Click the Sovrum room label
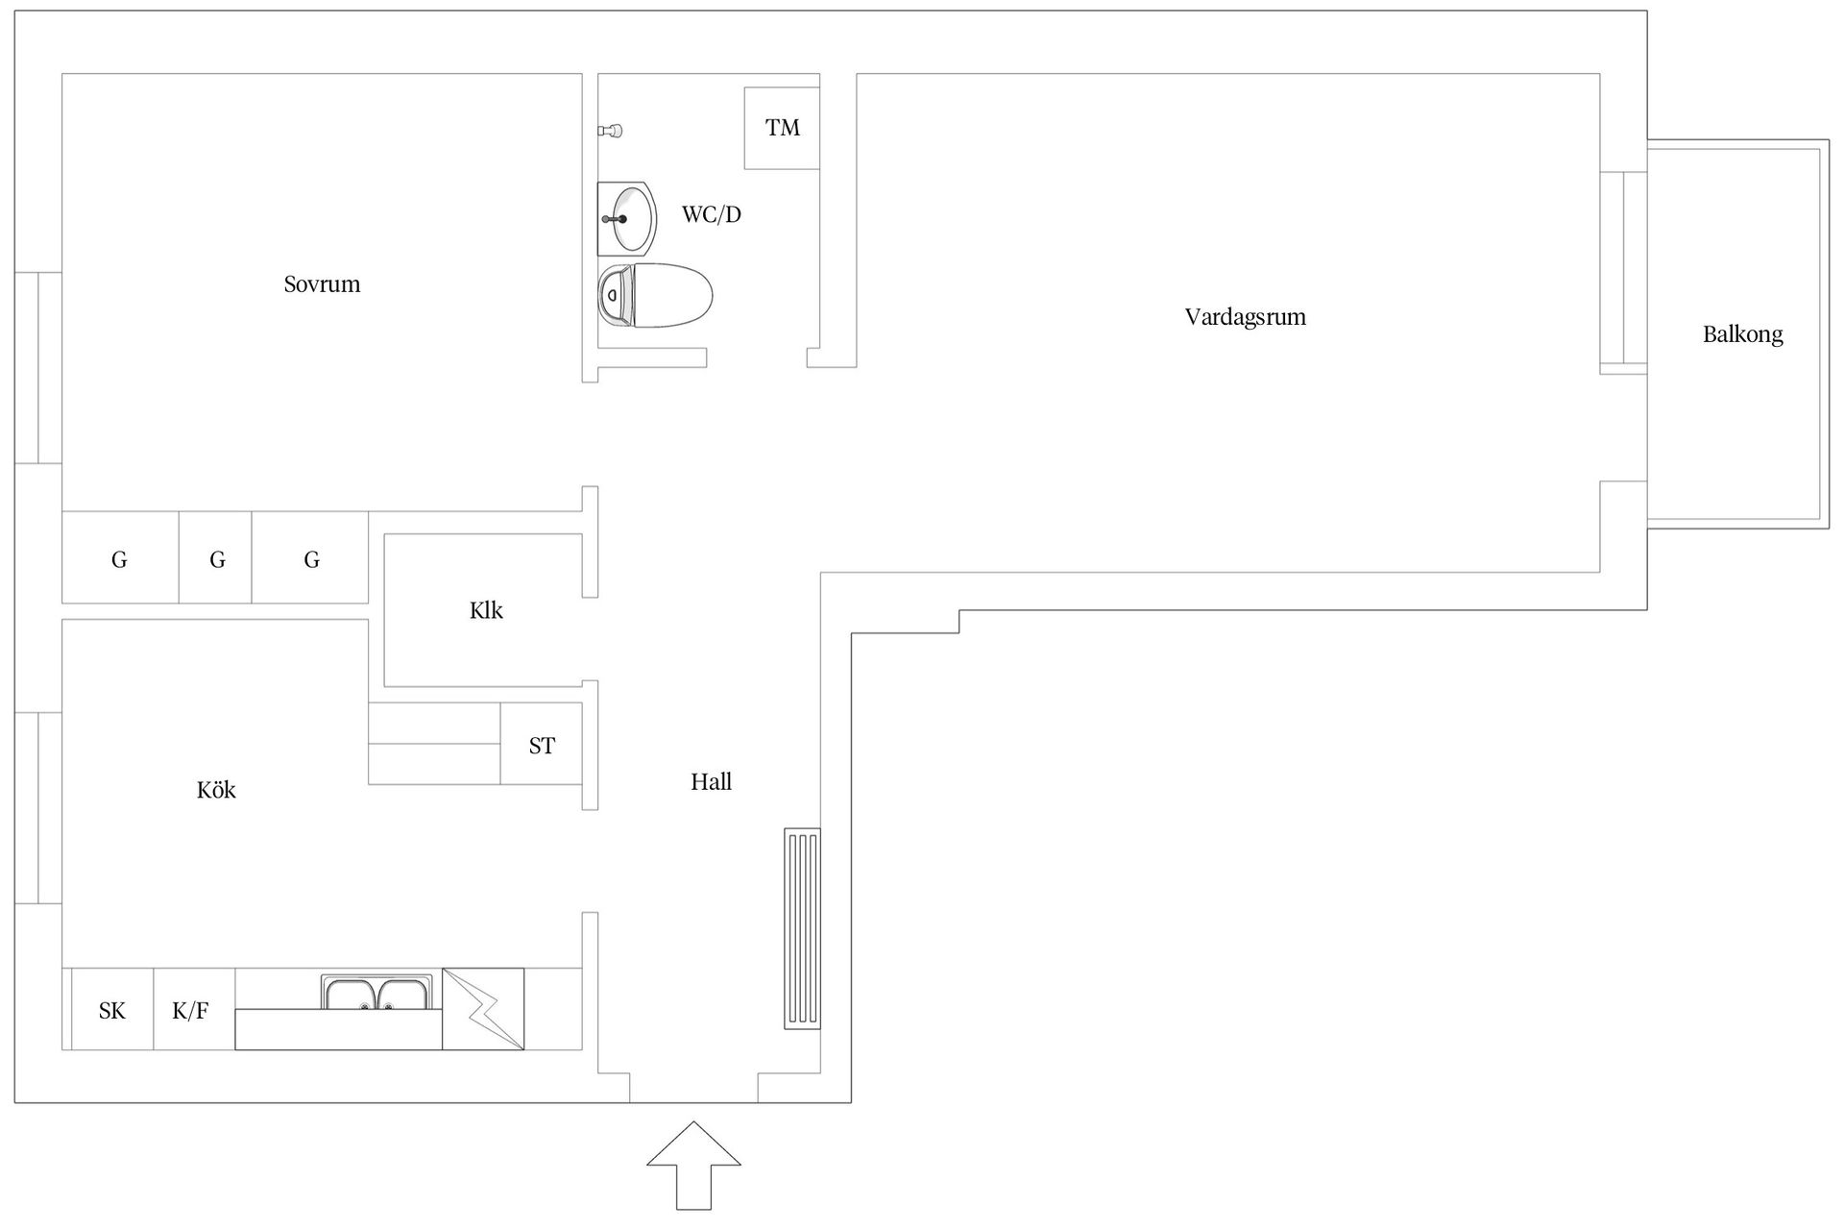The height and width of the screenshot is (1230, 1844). pos(322,284)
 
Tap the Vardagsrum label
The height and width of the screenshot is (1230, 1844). pos(1245,317)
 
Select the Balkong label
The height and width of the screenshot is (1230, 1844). pos(1742,334)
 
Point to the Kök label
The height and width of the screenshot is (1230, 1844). pos(216,790)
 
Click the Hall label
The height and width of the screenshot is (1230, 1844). pos(711,782)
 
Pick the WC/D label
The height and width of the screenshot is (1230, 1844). pos(712,214)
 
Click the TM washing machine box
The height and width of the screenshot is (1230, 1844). pos(782,128)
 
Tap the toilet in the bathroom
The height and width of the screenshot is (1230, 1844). pos(655,295)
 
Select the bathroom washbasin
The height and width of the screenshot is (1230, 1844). pos(626,218)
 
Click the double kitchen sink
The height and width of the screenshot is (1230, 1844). pos(377,993)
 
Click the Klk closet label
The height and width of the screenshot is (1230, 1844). pos(486,611)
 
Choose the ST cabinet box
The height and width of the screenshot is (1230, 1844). pos(542,744)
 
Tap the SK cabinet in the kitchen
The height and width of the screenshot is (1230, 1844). pos(112,1009)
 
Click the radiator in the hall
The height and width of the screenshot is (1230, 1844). pos(802,928)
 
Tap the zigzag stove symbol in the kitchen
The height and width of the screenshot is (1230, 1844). pos(483,1009)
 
